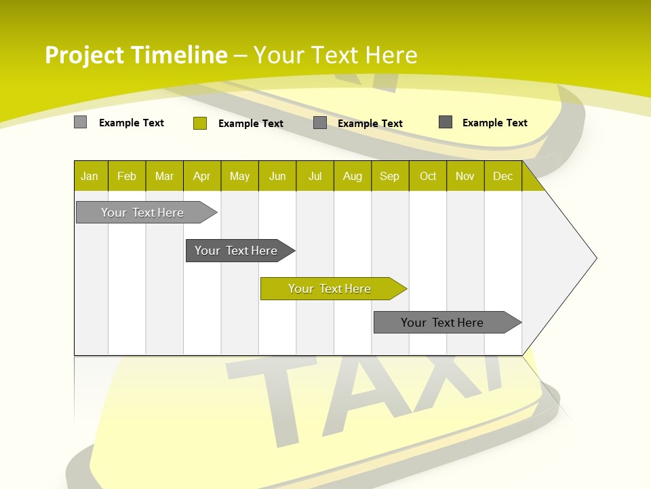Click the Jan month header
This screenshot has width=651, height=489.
click(x=90, y=177)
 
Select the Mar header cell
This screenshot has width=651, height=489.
click(x=164, y=177)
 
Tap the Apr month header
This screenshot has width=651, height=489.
click(x=202, y=177)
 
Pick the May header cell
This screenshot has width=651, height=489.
click(x=239, y=177)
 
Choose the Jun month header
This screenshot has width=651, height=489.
click(x=277, y=177)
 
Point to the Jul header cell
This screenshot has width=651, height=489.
click(x=315, y=177)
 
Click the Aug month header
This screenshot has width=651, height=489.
click(x=353, y=177)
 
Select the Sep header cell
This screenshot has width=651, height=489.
click(x=390, y=177)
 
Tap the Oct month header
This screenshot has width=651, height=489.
click(x=428, y=177)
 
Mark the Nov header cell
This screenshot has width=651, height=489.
click(x=465, y=177)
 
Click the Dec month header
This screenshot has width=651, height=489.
click(x=503, y=177)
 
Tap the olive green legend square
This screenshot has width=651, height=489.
click(x=200, y=123)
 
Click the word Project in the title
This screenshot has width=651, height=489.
click(x=84, y=55)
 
